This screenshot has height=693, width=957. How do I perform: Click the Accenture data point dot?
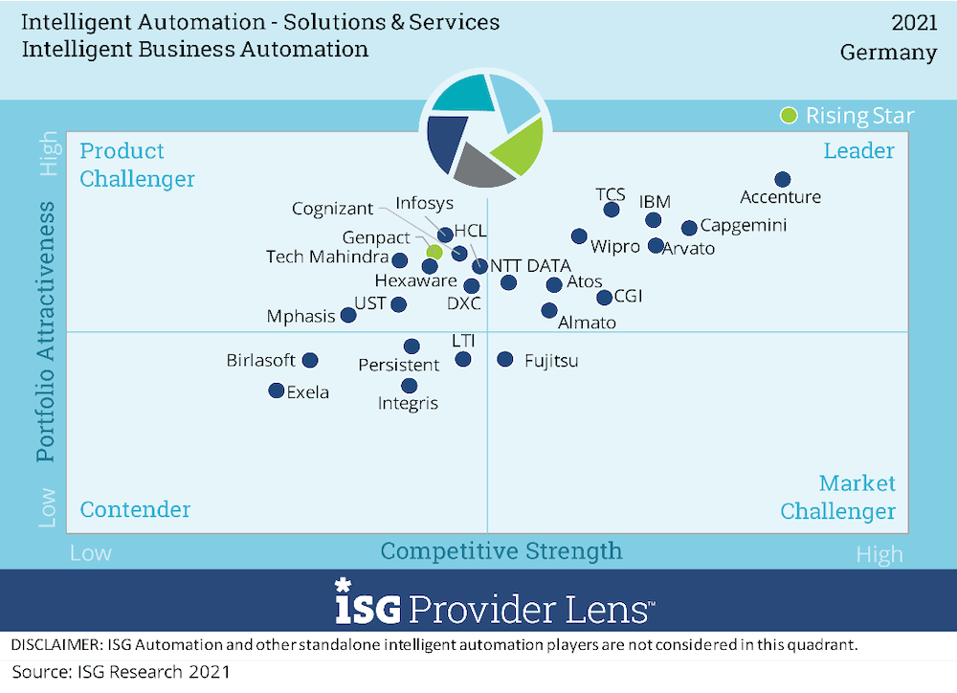[782, 179]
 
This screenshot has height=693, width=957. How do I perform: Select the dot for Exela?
[276, 391]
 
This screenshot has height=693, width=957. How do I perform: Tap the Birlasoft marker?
[310, 360]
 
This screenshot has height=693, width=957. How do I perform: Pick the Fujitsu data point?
[504, 359]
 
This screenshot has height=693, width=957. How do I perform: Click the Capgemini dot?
[688, 228]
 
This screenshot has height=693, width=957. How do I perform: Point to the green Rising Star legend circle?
[789, 116]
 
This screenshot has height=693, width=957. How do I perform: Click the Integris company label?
[408, 403]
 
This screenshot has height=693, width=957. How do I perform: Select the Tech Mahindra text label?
[326, 257]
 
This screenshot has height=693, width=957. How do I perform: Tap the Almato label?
[587, 323]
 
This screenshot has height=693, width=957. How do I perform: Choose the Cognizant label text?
[332, 209]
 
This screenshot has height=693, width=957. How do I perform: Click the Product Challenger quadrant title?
[137, 165]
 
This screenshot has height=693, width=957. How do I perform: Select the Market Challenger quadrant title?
[838, 497]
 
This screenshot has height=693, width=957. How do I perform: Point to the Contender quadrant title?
[135, 509]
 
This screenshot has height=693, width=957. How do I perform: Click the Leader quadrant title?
[858, 150]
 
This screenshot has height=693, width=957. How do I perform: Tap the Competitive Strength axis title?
[501, 550]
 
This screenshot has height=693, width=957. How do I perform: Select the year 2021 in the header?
[914, 22]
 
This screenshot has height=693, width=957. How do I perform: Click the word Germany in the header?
[888, 53]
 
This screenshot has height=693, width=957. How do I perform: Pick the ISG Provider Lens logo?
[495, 602]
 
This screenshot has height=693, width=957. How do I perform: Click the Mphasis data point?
[348, 315]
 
